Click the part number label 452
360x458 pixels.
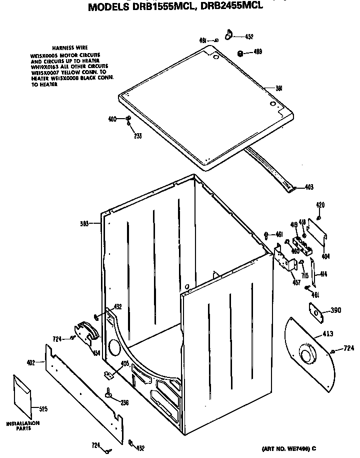(x=248, y=37)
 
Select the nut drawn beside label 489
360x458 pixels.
(x=240, y=52)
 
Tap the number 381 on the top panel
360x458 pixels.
(x=279, y=89)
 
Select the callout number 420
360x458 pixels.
(x=320, y=205)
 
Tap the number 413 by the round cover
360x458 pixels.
(x=328, y=333)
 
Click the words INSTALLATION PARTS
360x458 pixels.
(x=22, y=425)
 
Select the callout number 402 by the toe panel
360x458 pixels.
(x=30, y=362)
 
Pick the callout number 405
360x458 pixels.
(x=125, y=364)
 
